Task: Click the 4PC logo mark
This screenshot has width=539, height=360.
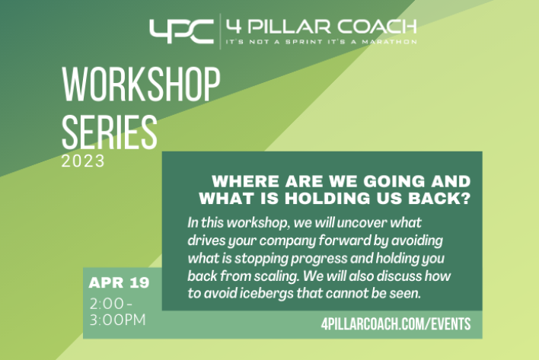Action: click(x=181, y=31)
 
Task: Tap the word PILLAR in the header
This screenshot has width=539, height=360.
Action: click(x=289, y=27)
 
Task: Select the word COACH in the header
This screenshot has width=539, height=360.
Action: click(x=376, y=27)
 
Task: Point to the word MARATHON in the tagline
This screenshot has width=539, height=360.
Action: click(x=390, y=42)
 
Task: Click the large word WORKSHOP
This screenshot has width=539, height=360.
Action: click(x=141, y=84)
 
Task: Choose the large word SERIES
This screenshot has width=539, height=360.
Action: click(x=110, y=132)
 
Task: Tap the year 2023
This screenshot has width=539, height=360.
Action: click(x=83, y=161)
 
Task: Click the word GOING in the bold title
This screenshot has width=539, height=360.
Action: click(x=394, y=181)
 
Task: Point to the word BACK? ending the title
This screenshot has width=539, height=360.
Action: click(x=439, y=199)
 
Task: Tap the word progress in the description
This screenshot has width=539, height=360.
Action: click(x=319, y=259)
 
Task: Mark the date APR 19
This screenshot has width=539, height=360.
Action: click(x=119, y=282)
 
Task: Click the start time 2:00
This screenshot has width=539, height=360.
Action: click(x=107, y=304)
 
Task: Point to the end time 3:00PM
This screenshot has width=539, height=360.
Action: click(x=118, y=320)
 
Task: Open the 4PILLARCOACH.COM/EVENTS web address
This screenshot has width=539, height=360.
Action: click(x=396, y=324)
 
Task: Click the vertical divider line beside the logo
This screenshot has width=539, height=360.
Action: click(x=220, y=31)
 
